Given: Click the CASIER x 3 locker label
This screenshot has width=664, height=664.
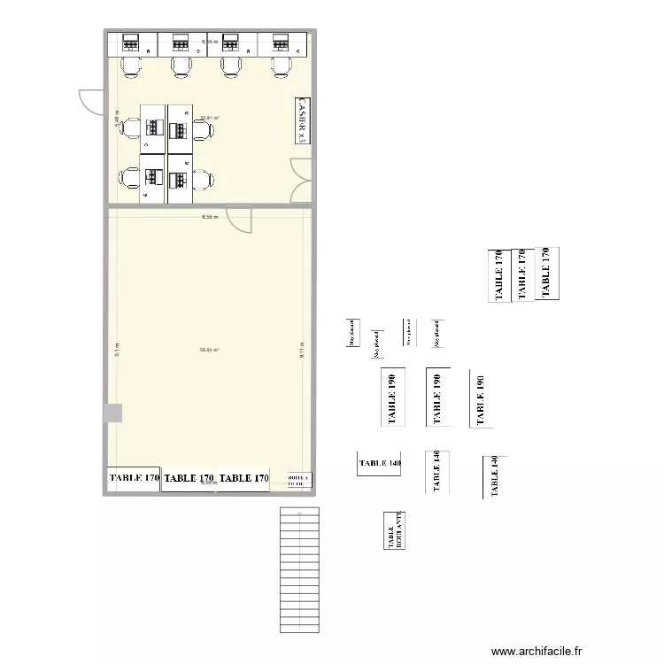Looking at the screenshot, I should [303, 120].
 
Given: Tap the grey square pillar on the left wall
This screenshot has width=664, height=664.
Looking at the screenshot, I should [113, 413].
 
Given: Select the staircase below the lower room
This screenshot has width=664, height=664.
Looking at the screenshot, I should [299, 570].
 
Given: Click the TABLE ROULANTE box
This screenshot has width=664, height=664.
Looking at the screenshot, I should [394, 531].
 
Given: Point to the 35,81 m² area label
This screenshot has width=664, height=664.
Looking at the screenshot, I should [210, 118].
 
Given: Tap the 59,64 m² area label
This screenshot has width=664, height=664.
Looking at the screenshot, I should [210, 350].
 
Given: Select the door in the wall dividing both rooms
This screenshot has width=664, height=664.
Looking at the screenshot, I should [239, 218].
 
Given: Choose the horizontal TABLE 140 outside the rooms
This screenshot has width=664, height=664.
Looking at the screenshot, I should [380, 463].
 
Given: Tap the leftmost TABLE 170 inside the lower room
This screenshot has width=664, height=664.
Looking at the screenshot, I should [134, 478].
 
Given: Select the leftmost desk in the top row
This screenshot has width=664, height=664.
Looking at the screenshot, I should [132, 42].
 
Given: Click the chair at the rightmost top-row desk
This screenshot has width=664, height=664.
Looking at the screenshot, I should [282, 66].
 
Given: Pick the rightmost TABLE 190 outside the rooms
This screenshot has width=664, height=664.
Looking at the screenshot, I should [481, 399].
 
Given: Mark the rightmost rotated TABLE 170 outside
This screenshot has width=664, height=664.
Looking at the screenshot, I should [546, 272].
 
